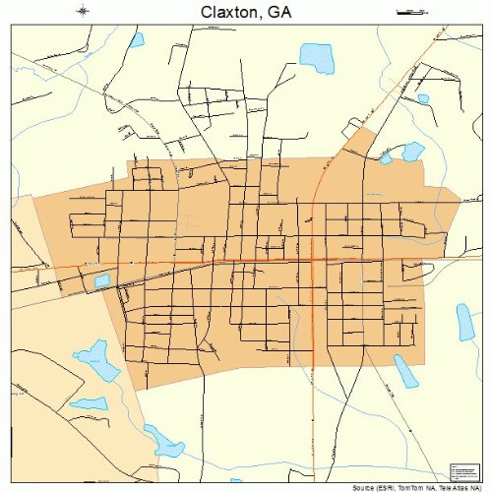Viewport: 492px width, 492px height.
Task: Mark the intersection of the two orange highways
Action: [313, 260]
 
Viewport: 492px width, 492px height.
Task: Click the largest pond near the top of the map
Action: [317, 57]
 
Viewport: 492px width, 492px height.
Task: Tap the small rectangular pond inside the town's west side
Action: [102, 281]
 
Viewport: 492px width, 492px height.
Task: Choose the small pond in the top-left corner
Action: [136, 39]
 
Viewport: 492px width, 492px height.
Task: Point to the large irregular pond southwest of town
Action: [98, 360]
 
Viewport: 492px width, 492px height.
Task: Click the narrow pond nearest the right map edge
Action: [464, 322]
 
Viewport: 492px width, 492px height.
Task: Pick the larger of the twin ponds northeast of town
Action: [412, 151]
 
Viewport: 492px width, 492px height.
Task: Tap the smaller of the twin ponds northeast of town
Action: [387, 157]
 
